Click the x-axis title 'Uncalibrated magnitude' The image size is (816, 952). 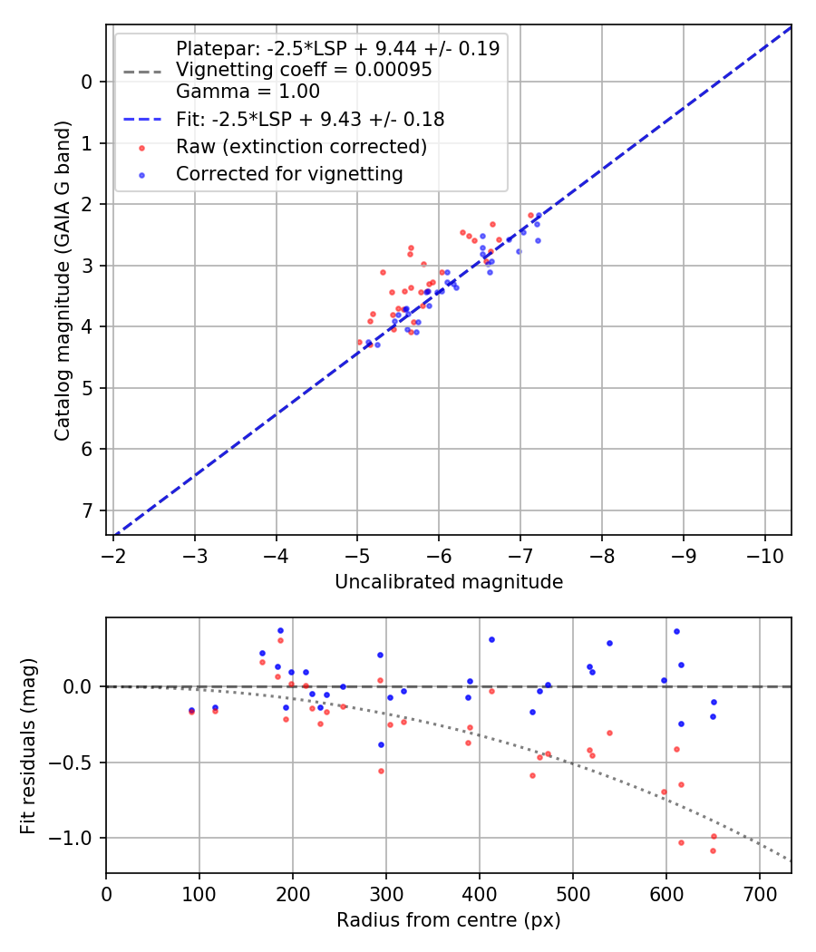449,582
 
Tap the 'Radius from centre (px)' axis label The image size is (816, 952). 449,920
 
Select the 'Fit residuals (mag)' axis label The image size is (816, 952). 29,745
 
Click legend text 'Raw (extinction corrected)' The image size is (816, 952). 301,146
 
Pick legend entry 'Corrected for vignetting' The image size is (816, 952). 289,173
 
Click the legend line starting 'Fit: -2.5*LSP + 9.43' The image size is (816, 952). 309,119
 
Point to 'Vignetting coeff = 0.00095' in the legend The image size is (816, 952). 303,70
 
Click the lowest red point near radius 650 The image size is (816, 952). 713,850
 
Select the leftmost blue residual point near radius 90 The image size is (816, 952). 191,710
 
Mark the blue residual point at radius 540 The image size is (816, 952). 609,643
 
